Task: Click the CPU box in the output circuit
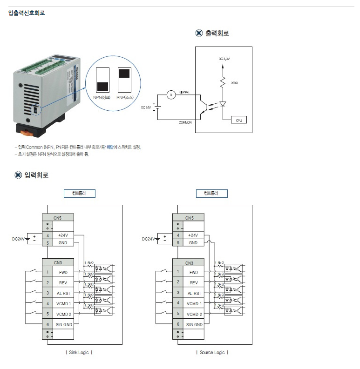(x=238, y=120)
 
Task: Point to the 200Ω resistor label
(x=234, y=83)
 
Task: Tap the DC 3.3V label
(x=224, y=59)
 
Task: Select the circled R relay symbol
(x=171, y=95)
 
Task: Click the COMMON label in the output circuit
(x=185, y=122)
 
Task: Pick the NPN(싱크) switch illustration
(x=103, y=80)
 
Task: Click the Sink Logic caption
(x=79, y=352)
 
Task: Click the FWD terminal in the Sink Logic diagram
(x=63, y=272)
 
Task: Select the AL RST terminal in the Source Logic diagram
(x=194, y=293)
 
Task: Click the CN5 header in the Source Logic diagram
(x=189, y=218)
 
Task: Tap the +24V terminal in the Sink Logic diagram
(x=63, y=235)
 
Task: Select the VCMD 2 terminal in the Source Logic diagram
(x=194, y=314)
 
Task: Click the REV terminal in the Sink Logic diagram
(x=63, y=282)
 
